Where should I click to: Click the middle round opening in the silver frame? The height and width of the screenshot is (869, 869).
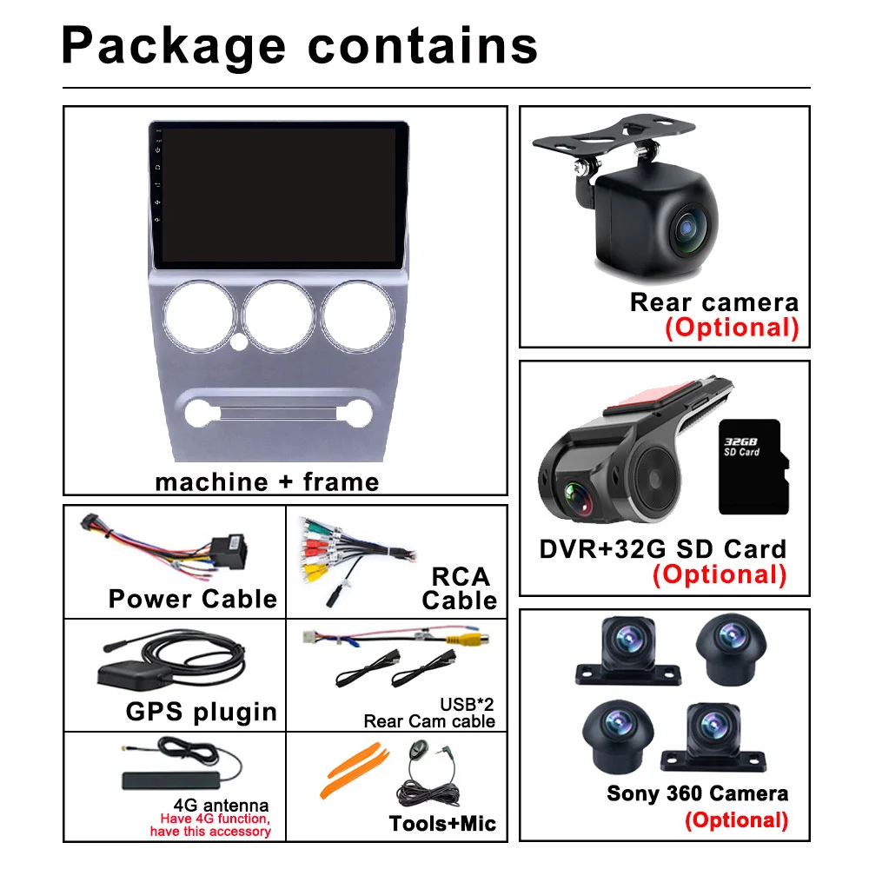point(279,314)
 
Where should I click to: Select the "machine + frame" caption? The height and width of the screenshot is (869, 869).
point(267,481)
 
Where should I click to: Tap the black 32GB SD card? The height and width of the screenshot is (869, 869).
point(753,466)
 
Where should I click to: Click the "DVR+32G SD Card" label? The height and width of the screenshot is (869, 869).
point(662,548)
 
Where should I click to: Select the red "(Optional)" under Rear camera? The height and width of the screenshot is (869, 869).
point(732,328)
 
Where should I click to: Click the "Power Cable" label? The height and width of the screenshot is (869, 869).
point(192,599)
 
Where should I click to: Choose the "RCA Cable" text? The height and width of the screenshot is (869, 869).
point(460,588)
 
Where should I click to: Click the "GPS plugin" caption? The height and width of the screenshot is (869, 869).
point(201,712)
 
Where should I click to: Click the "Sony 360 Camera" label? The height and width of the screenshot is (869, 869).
point(697,793)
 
